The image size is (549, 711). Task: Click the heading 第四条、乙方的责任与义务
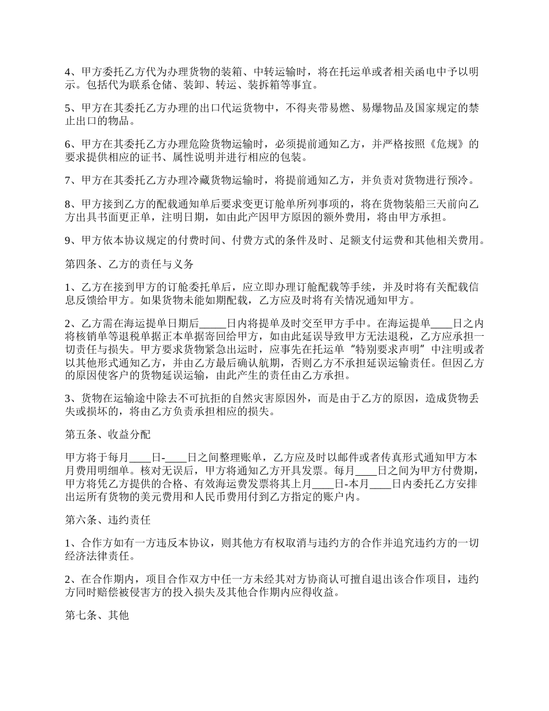pyautogui.click(x=129, y=265)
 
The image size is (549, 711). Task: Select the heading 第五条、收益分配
pyautogui.click(x=107, y=434)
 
